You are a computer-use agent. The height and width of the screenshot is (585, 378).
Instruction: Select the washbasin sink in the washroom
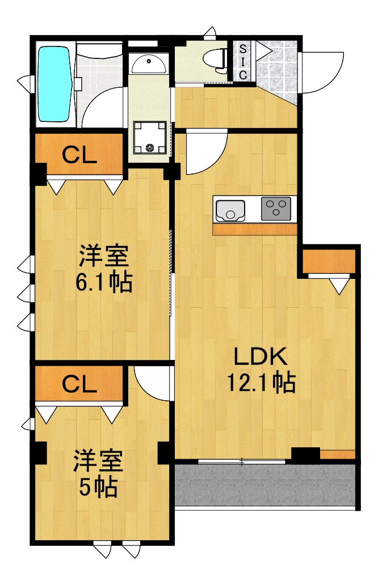149,64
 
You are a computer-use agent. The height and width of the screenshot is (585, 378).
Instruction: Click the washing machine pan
150,138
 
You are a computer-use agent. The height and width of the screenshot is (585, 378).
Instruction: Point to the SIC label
242,61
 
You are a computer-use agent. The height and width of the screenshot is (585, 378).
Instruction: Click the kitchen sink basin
230,210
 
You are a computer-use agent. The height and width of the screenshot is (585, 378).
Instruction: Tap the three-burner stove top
276,209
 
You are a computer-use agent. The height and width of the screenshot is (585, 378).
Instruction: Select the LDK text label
262,357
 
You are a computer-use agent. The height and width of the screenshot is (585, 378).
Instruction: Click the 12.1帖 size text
261,383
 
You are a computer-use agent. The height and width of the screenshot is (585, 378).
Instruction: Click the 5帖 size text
98,487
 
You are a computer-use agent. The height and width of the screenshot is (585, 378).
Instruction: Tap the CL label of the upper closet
79,155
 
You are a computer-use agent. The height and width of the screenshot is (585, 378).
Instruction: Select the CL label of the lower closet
79,385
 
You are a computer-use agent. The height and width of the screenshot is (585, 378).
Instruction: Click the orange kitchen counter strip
255,230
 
